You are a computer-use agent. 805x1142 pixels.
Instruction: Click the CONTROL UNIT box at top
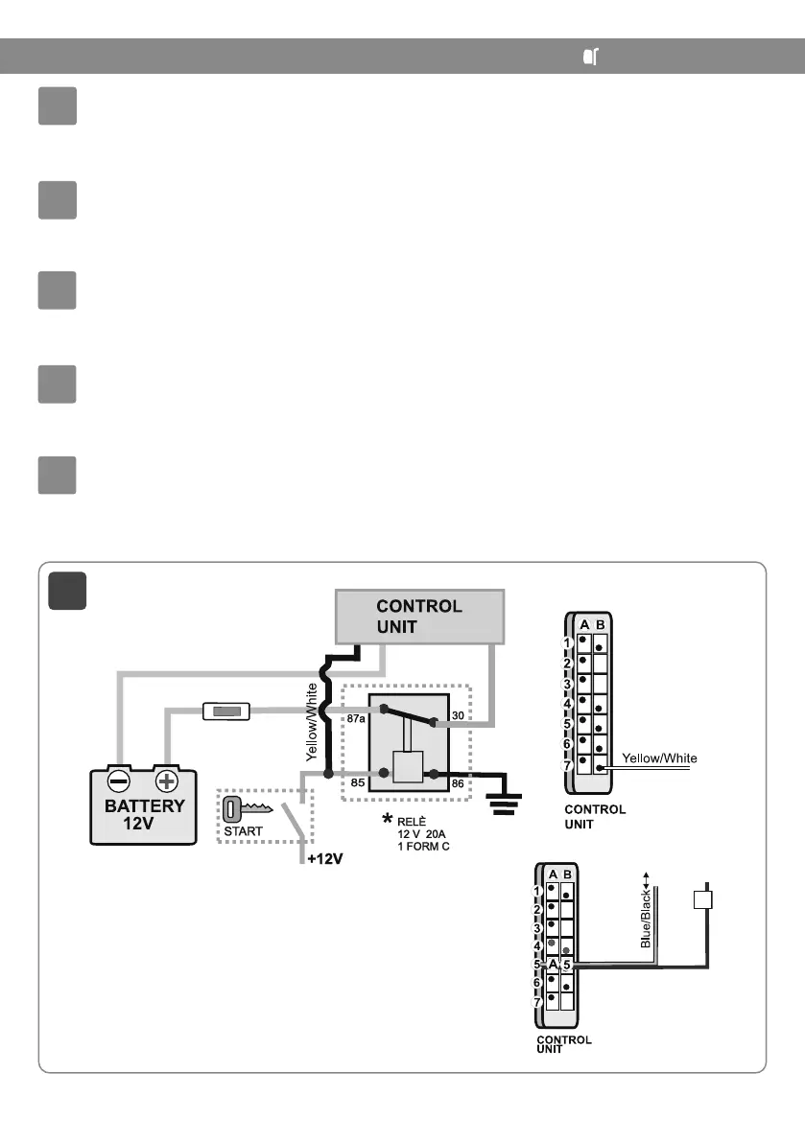(x=418, y=617)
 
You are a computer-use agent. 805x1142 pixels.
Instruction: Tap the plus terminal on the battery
(x=168, y=781)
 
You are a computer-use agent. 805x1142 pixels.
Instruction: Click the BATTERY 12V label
(x=145, y=815)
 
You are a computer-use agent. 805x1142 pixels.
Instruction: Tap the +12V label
(x=325, y=859)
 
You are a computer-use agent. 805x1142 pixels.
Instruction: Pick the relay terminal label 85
(x=358, y=783)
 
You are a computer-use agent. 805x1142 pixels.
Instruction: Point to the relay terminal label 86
(x=457, y=783)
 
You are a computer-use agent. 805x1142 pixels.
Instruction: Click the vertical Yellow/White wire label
(x=311, y=721)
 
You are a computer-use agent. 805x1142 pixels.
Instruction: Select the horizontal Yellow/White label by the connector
(x=660, y=757)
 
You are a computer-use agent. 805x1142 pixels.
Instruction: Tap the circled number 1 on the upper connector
(x=568, y=642)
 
